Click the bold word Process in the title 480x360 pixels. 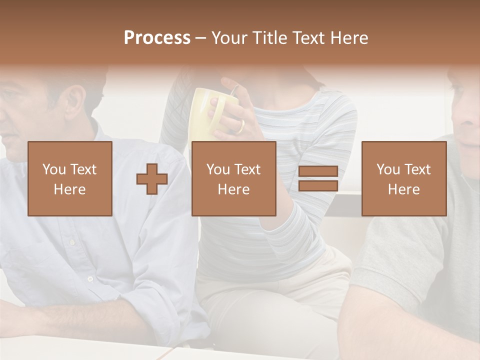tap(157, 38)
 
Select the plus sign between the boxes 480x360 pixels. tap(152, 179)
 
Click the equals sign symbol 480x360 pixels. tap(318, 178)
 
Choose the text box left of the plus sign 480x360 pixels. tap(70, 178)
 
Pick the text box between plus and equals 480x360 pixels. tap(233, 178)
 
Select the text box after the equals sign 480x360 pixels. tap(403, 178)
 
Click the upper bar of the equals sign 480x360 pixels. tap(318, 171)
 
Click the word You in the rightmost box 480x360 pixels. tap(387, 169)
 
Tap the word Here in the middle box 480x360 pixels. tap(233, 189)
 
